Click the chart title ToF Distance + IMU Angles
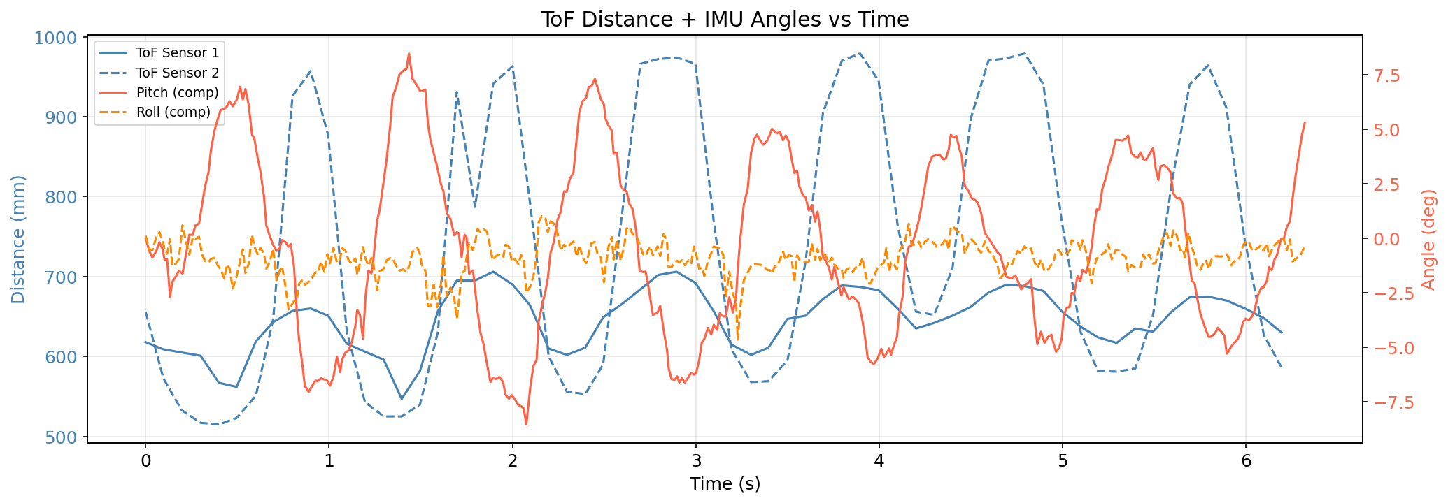pos(724,19)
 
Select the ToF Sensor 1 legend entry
pos(178,52)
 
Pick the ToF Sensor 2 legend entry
pos(178,73)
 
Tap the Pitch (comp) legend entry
pos(178,92)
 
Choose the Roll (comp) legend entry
pos(173,112)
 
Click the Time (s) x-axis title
pos(724,483)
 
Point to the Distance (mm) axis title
pos(19,239)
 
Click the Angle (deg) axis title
pos(1428,239)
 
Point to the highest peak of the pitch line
pos(409,53)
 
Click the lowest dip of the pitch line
pos(526,424)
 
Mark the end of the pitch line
pos(1305,123)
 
